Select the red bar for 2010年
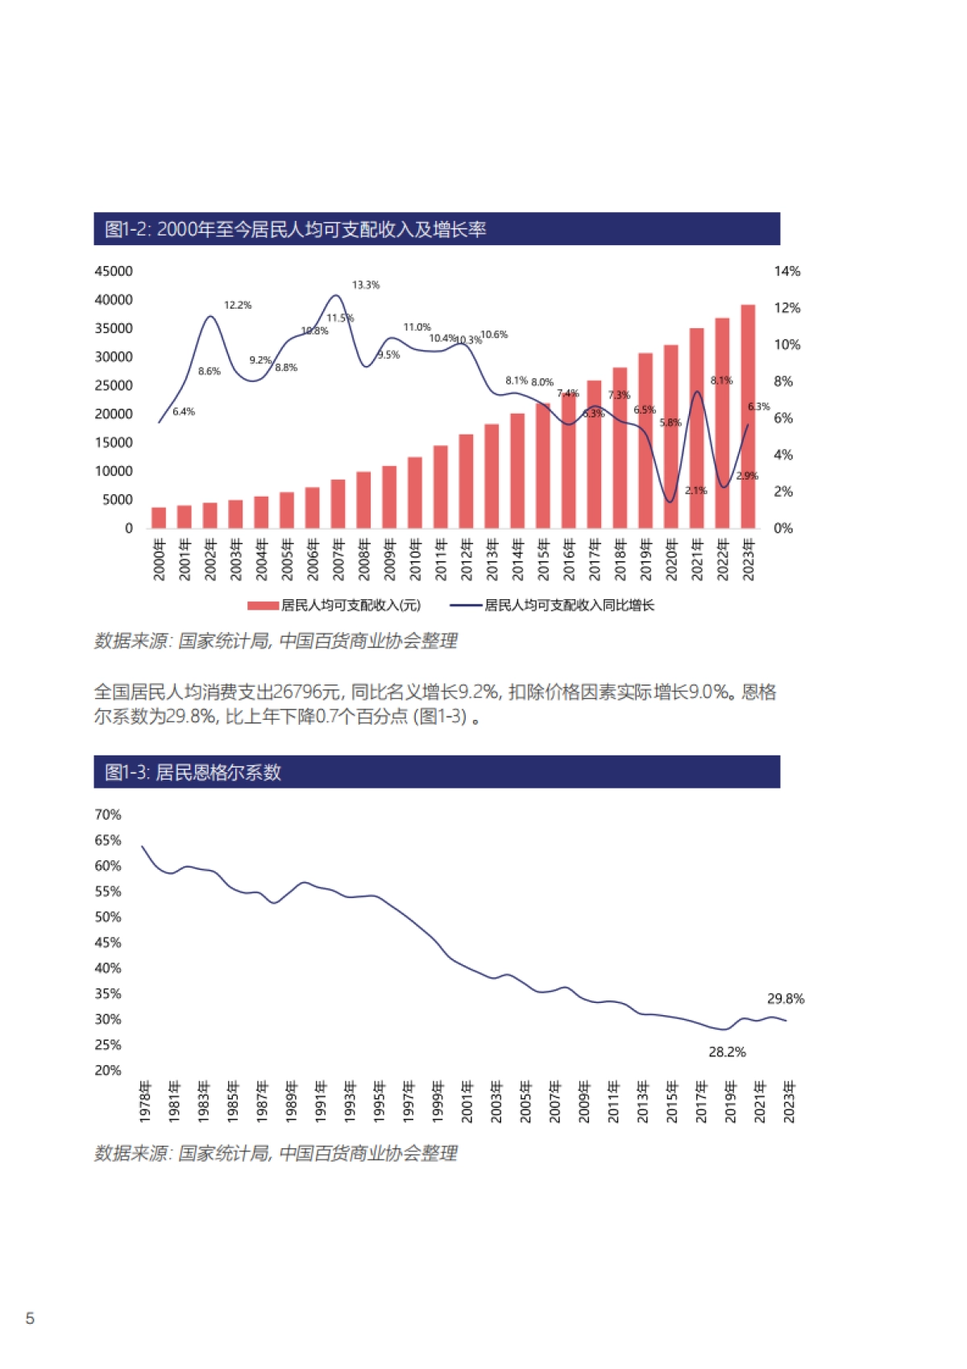415,493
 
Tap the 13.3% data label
365,285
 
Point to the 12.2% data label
238,306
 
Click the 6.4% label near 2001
184,412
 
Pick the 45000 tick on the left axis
114,272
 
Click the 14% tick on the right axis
786,272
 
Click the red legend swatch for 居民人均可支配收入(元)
263,605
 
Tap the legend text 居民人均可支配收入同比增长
569,605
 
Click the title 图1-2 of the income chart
296,230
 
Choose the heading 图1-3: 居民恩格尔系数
193,772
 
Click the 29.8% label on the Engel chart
785,999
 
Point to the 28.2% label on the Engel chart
727,1052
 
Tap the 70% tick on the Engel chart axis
108,815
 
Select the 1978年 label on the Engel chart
146,1102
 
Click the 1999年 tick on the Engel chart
438,1102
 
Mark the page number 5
31,1318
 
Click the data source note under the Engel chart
276,1154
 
